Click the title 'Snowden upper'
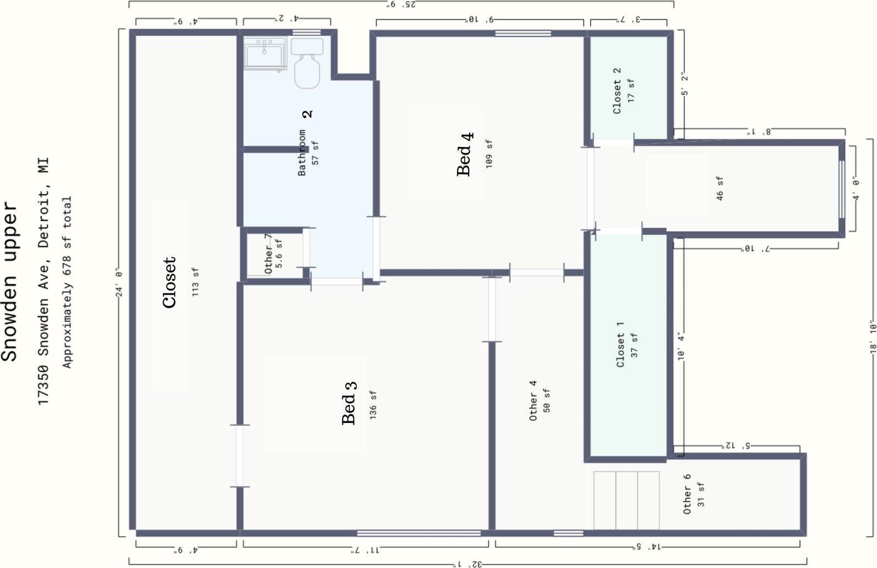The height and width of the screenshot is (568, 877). click(9, 281)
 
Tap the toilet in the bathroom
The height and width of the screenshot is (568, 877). click(307, 63)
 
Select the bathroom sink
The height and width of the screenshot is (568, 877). click(265, 54)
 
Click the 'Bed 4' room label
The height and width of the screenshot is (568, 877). click(465, 154)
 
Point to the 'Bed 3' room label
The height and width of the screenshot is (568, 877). click(349, 403)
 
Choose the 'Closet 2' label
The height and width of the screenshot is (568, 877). click(617, 91)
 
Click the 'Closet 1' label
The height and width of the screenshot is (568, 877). click(620, 345)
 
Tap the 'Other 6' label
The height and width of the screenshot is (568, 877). click(687, 494)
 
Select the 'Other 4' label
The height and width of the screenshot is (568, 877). click(533, 401)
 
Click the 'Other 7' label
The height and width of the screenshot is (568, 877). click(268, 254)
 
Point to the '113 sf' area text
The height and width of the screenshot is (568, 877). click(195, 282)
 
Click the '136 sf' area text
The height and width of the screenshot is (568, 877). click(373, 405)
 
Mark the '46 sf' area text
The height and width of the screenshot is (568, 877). click(720, 189)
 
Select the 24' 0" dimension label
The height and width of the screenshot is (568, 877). click(119, 282)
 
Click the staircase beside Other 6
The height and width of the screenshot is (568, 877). click(627, 500)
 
